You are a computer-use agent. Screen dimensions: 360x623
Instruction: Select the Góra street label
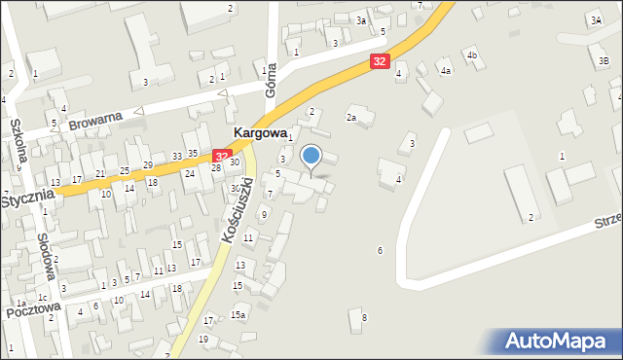tap(272, 79)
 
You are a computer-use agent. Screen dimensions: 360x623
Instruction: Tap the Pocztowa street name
tap(32, 309)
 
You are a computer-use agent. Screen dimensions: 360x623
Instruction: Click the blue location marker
tap(311, 156)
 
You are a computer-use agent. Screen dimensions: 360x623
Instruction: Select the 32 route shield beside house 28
tap(222, 156)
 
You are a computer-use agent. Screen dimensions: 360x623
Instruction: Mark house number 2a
tap(351, 118)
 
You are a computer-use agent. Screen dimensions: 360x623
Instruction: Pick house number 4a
tap(446, 71)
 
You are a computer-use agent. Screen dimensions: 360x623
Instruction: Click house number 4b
tap(472, 54)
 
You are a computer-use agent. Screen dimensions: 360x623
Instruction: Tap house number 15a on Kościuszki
tap(238, 314)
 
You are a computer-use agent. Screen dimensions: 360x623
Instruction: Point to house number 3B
tap(605, 60)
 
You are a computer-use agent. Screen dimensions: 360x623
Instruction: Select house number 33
tap(177, 156)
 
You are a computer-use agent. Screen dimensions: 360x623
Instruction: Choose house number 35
tap(193, 153)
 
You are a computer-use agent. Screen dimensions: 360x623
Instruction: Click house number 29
tap(148, 164)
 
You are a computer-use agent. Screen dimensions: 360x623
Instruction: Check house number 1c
tap(42, 297)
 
